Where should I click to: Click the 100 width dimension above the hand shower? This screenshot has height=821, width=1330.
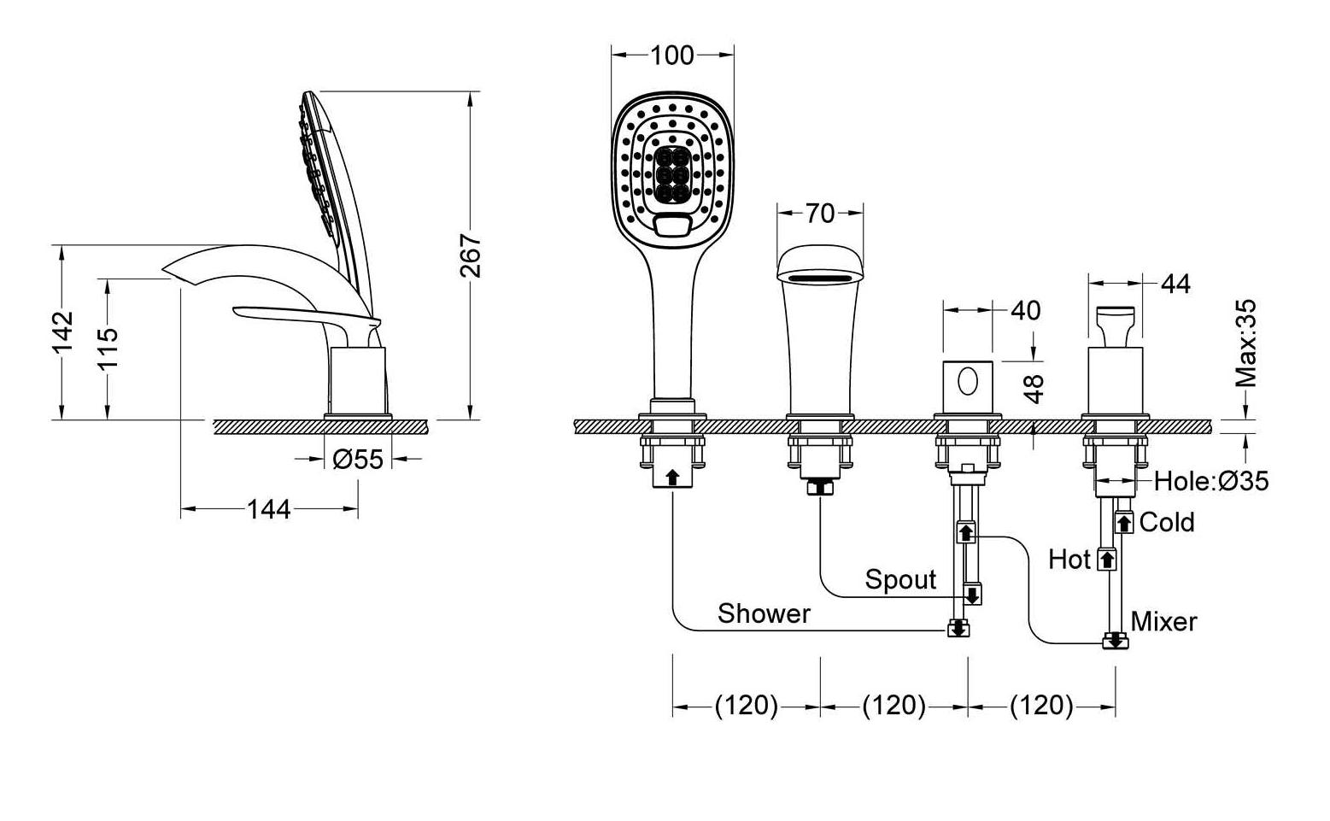(672, 56)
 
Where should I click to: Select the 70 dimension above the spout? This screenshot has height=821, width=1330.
(820, 213)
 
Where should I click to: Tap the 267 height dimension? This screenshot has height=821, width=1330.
(471, 255)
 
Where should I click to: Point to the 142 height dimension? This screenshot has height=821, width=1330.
(62, 331)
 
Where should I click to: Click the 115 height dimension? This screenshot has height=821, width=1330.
(108, 348)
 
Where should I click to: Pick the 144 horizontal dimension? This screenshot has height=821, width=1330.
(268, 509)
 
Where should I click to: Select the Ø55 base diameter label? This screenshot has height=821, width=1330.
(358, 459)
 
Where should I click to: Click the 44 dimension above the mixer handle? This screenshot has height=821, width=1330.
(1175, 284)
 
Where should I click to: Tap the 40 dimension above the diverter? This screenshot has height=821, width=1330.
(1025, 310)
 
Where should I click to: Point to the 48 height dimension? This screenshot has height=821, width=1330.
(1034, 390)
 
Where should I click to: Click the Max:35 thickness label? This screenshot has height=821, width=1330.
(1245, 343)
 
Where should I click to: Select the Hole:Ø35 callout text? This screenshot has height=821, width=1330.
(1211, 481)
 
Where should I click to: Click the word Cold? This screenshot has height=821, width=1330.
(1167, 522)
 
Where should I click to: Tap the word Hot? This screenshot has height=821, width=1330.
(1069, 560)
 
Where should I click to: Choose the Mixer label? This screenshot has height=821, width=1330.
(1163, 622)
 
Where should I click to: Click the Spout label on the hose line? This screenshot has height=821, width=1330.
(900, 579)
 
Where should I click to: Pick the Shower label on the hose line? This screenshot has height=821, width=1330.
(764, 613)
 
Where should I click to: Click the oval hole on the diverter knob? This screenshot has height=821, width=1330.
(968, 382)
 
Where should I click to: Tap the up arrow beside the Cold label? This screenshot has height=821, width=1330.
(1123, 522)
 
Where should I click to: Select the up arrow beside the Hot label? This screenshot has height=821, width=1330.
(1106, 560)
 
